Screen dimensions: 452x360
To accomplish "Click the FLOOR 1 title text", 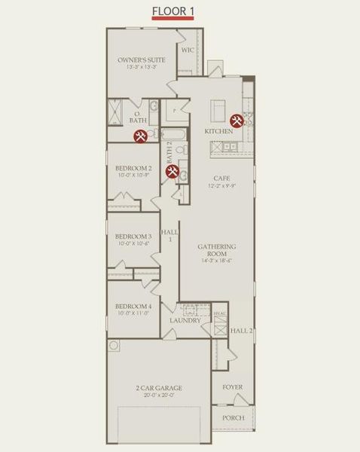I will (173, 11).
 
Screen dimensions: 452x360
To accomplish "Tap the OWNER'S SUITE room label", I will (141, 60).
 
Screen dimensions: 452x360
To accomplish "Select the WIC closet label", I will (188, 50).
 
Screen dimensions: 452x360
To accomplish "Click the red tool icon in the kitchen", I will (236, 120).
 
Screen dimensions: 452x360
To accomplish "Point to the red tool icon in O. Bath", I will (140, 136).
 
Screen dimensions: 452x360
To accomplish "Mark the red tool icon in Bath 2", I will (172, 173).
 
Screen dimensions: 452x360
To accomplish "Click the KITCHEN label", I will (219, 131).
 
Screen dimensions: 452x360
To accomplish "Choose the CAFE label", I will (221, 179).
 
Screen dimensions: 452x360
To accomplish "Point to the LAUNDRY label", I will (185, 320).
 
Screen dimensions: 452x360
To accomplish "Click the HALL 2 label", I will (241, 330).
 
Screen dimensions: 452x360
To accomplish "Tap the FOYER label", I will (233, 388).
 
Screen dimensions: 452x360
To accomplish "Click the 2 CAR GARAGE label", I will (159, 389).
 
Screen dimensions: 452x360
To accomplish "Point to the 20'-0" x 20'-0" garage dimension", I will (159, 396).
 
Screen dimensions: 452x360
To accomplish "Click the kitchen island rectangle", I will (220, 111).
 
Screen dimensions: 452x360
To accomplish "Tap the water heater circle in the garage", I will (114, 346).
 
